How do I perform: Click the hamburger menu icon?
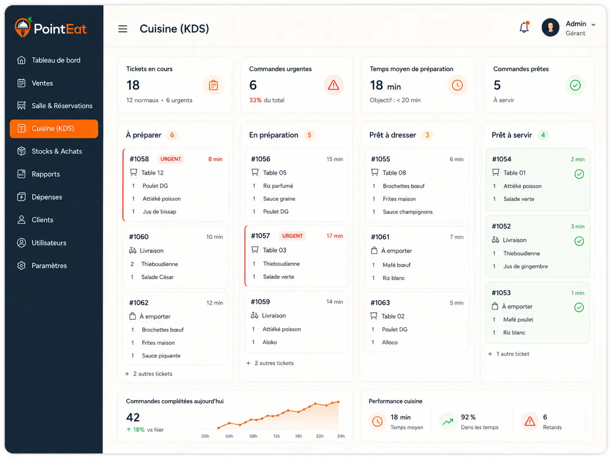coord(122,29)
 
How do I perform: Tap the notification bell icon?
coord(524,27)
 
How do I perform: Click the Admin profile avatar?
coord(550,27)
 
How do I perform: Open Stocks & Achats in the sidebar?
coord(57,151)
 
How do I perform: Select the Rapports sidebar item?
coord(46,174)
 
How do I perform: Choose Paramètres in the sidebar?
coord(49,266)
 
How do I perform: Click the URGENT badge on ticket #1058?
coord(170,159)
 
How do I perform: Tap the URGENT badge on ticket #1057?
coord(292,236)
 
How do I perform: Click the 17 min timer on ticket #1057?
coord(335,236)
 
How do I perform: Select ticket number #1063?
coord(380,302)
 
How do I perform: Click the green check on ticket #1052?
coord(579,241)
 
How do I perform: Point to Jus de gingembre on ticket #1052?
coord(525,266)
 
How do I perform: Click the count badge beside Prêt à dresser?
coord(427,135)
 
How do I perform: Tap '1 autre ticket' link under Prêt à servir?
coord(513,354)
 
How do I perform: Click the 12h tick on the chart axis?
coord(276,436)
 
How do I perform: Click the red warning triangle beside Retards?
coord(530,421)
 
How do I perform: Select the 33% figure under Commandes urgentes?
coord(255,100)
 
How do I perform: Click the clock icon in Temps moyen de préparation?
coord(457,85)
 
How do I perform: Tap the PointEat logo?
coord(50,28)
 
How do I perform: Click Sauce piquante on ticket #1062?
coord(161,356)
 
